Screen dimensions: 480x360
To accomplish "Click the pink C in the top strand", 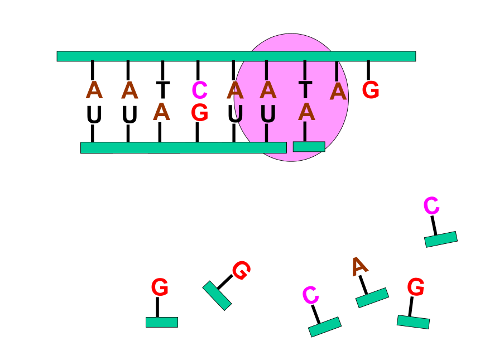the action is tap(200, 90).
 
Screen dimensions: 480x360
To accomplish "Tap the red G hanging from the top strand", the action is tap(371, 90).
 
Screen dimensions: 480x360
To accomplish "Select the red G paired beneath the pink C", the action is tap(200, 113).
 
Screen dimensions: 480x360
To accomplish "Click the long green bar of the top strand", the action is tap(236, 56).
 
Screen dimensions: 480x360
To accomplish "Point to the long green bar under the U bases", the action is tap(184, 147).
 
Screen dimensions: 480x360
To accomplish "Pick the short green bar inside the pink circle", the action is tap(309, 147).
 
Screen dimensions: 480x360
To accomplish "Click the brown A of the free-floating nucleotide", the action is tap(359, 266).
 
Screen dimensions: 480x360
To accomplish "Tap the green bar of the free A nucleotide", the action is tap(372, 297).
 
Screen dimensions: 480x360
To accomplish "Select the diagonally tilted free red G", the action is tap(242, 270).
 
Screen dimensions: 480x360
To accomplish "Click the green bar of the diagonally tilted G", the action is tap(217, 296).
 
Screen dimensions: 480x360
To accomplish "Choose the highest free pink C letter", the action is tap(431, 205).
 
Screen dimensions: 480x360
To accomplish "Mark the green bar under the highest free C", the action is tap(441, 239).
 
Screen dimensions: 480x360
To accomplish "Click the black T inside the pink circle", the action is tap(305, 90).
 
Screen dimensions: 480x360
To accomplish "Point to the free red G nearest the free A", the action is tap(416, 287).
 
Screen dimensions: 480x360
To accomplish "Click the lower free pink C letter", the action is tap(310, 295).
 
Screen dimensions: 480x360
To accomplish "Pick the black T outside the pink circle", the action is tap(163, 90).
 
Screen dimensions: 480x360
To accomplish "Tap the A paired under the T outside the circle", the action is tap(162, 112).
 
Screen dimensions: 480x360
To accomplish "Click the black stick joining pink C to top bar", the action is tap(198, 71).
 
